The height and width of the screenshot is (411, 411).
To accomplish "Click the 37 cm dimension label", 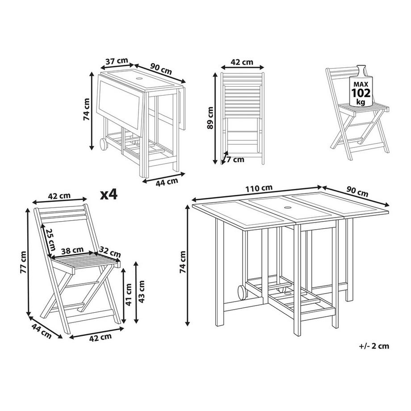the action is [117, 61].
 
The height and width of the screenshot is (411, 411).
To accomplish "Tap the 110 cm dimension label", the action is [259, 188].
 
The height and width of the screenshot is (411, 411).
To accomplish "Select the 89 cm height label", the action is [210, 117].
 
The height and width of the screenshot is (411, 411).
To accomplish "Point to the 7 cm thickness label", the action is [235, 159].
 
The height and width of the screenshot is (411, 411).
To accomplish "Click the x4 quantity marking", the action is [109, 195].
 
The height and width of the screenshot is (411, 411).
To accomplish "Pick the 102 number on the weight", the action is [361, 93].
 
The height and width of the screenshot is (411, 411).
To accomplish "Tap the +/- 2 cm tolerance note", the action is [374, 346].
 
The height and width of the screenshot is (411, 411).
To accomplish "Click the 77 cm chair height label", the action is [23, 262].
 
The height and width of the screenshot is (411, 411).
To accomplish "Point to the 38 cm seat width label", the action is [72, 251].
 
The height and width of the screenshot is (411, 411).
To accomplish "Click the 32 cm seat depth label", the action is [110, 252].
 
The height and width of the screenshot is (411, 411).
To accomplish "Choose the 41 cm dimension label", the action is [129, 294].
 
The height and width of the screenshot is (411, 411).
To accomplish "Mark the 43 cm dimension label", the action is [141, 292].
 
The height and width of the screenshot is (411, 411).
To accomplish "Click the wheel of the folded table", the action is [103, 144].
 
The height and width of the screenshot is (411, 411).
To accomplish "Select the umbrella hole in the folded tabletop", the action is [139, 79].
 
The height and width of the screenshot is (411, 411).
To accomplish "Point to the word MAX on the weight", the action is [361, 84].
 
